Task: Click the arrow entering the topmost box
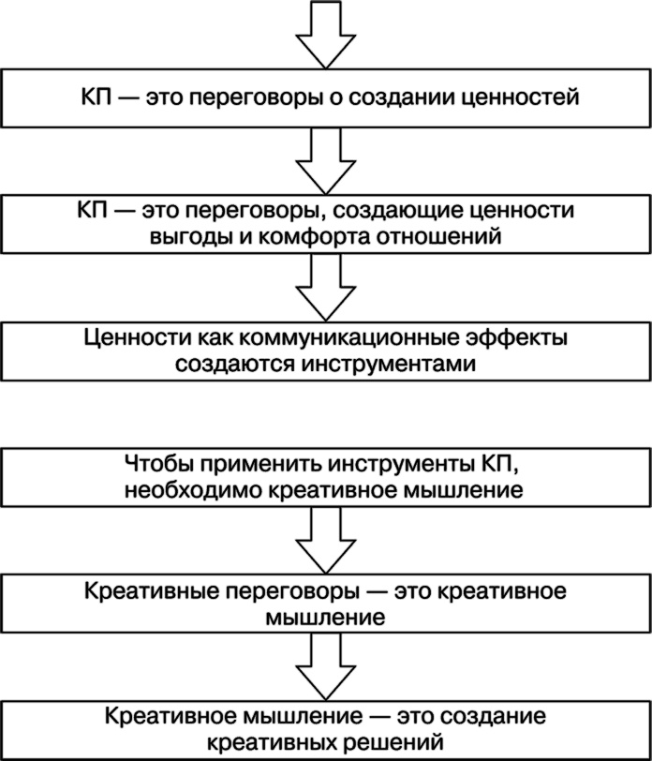tap(325, 34)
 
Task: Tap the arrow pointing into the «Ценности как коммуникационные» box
tap(325, 286)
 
